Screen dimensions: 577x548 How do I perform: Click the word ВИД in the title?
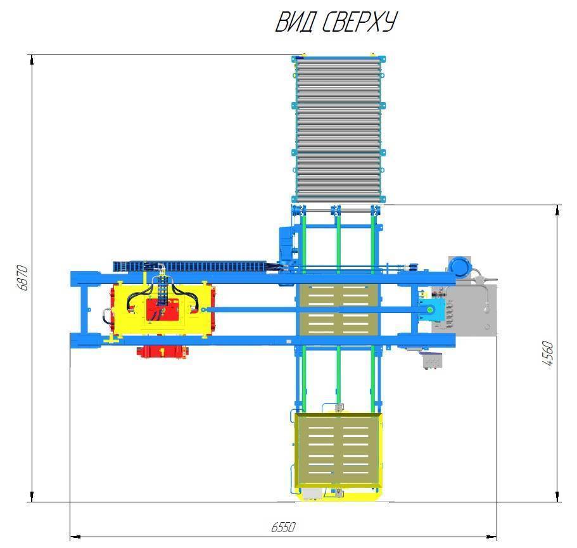[x=295, y=22]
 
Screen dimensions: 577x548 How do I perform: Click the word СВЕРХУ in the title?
[x=360, y=22]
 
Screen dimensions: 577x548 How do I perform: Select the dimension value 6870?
[x=22, y=277]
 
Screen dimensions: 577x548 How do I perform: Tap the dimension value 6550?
[x=283, y=527]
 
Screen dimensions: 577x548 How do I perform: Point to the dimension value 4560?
[x=548, y=353]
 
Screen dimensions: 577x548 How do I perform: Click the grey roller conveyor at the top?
[x=339, y=129]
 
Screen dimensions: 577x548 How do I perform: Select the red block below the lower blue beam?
[x=163, y=352]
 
